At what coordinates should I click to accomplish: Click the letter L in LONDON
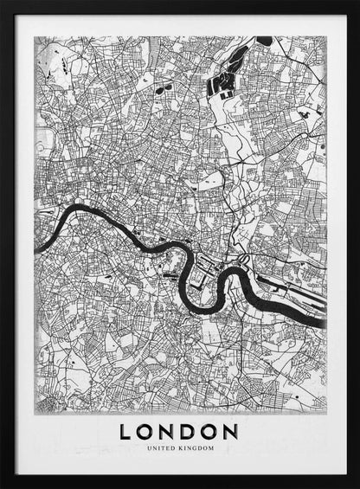(x=126, y=431)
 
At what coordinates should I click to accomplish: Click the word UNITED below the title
(x=162, y=448)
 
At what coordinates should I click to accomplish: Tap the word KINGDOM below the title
(x=195, y=448)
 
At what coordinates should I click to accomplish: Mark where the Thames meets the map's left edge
(x=35, y=249)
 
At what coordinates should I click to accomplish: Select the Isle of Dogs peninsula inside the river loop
(x=203, y=277)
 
